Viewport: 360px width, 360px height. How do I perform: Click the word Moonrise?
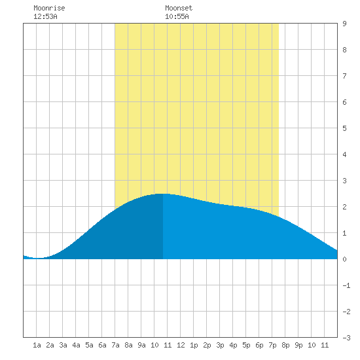pos(49,8)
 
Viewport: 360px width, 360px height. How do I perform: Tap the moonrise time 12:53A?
pos(45,16)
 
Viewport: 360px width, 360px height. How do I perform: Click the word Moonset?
pos(179,8)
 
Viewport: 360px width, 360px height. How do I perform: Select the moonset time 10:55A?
pos(177,16)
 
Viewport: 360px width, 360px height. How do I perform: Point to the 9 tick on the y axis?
pos(344,24)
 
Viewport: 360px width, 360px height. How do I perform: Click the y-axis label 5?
pos(344,128)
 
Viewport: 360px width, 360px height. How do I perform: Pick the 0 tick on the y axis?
pos(344,259)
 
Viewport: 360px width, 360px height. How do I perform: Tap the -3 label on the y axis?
pos(346,338)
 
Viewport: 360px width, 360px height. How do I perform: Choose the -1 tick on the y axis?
pos(346,285)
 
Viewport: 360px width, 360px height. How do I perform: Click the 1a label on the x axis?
pos(37,345)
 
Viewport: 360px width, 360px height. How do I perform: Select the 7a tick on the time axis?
pos(115,345)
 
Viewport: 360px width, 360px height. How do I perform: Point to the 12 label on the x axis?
pos(181,345)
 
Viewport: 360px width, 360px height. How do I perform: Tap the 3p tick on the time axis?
pos(220,345)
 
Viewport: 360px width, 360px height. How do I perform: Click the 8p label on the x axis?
pos(285,345)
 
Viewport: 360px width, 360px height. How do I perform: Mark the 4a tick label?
pos(76,345)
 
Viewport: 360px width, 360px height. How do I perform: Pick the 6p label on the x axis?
pos(259,345)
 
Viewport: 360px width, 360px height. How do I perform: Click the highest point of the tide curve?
pos(162,194)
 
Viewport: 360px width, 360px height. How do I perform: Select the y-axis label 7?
pos(344,76)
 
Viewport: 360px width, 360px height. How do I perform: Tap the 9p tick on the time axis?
pos(298,345)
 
